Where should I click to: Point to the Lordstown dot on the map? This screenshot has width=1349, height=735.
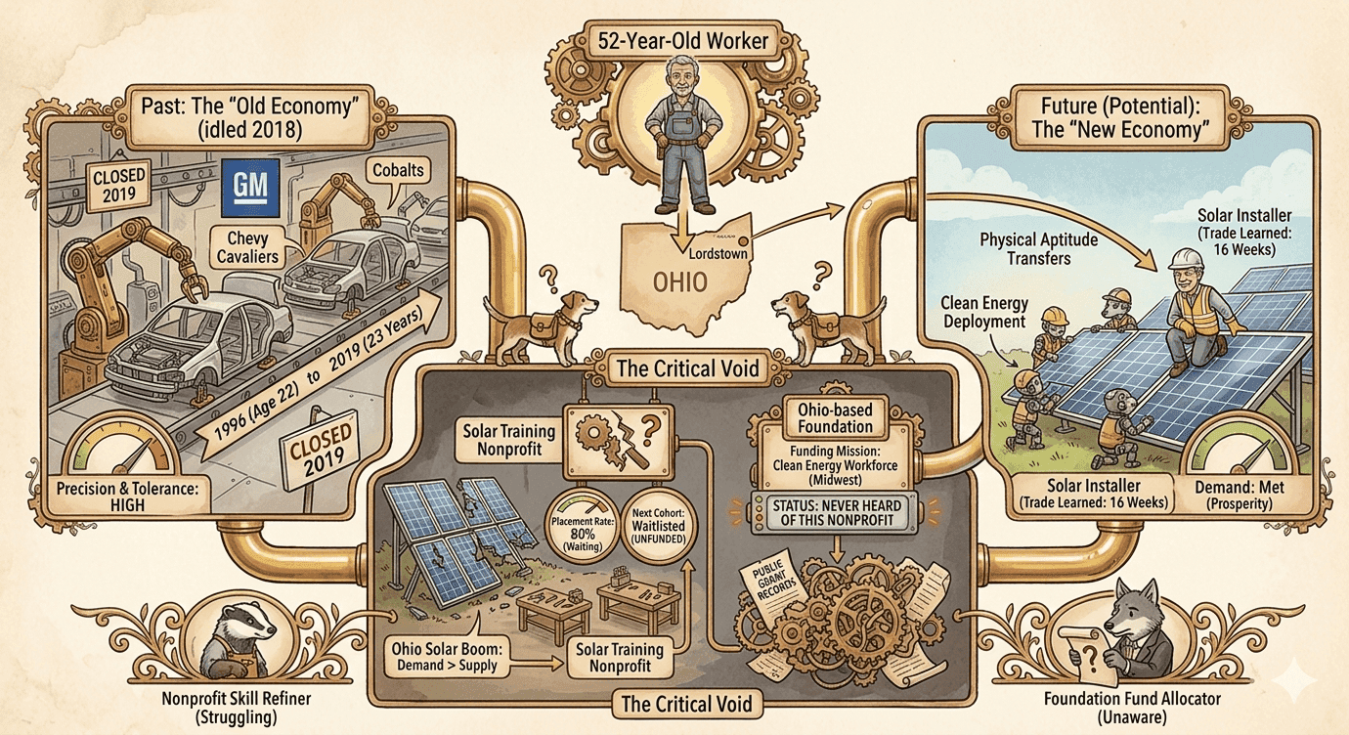743,241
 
